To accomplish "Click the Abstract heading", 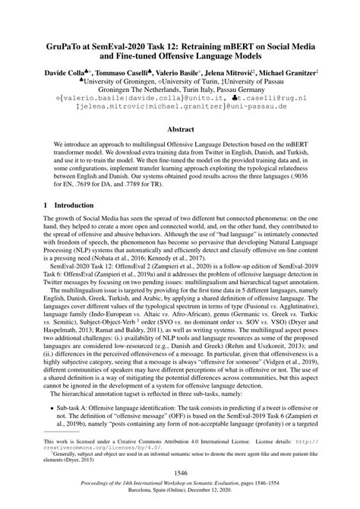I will pos(180,130).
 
